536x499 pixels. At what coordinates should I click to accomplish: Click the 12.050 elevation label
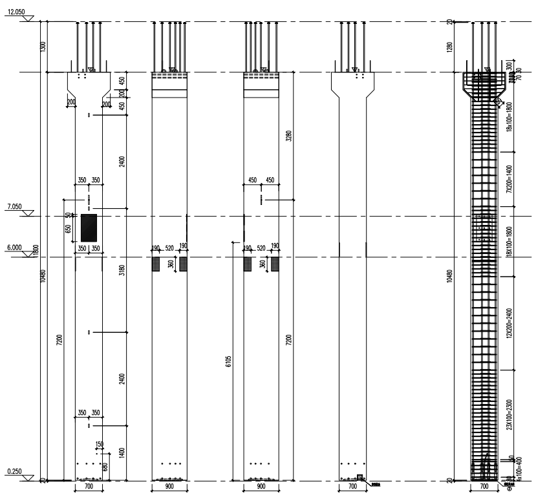[14, 12]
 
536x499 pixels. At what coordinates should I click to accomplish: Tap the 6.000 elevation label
[12, 247]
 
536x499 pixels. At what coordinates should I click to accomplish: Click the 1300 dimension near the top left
[43, 46]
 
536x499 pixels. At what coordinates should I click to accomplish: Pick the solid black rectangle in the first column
[89, 227]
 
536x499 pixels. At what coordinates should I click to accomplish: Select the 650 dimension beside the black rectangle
[69, 228]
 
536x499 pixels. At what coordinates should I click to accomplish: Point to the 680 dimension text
[105, 467]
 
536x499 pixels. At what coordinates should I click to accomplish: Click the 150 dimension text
[99, 444]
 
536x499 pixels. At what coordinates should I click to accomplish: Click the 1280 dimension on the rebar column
[449, 47]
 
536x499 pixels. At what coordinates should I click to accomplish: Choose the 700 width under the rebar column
[484, 487]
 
